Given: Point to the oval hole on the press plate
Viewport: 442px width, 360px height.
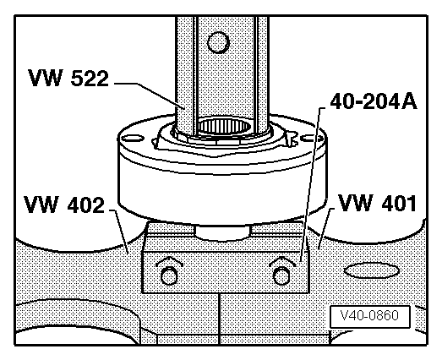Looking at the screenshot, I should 367,271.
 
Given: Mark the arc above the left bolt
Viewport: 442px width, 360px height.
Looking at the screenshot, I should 169,260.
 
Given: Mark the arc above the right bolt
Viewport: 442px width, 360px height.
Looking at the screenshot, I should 281,260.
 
